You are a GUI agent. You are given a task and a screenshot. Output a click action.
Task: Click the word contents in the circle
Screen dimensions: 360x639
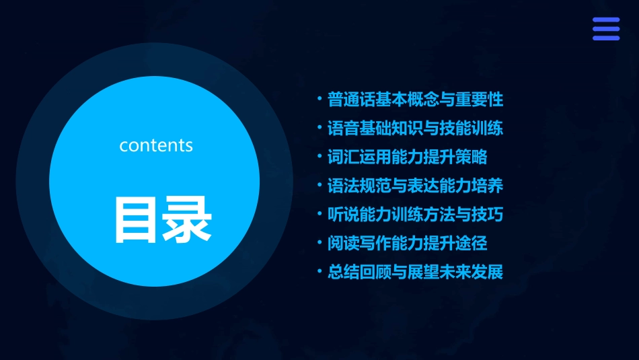pos(156,145)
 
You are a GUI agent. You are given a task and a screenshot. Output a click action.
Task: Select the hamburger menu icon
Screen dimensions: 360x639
pos(606,29)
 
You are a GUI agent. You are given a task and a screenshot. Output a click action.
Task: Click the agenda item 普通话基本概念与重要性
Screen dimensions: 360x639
pos(415,100)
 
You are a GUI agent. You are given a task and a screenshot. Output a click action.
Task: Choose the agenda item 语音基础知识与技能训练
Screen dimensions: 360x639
pos(415,129)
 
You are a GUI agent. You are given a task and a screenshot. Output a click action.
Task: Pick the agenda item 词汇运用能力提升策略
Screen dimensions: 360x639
pos(407,157)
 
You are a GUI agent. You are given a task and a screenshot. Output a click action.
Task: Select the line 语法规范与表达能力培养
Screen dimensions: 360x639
pos(415,186)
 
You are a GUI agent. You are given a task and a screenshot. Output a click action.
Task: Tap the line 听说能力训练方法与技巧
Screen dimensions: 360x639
pos(415,215)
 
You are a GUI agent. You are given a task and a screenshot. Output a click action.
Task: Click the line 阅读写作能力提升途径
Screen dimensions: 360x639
pos(407,244)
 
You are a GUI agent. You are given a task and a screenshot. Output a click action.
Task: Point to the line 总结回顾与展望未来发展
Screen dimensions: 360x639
pos(415,273)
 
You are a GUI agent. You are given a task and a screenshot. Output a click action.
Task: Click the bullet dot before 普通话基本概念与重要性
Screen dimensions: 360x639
pos(319,100)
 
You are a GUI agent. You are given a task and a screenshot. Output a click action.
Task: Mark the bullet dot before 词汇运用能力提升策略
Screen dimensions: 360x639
pos(319,157)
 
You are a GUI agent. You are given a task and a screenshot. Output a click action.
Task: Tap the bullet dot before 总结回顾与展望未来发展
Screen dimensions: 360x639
pos(319,272)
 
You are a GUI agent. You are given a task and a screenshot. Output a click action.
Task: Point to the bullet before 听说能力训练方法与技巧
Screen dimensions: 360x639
pos(319,214)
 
